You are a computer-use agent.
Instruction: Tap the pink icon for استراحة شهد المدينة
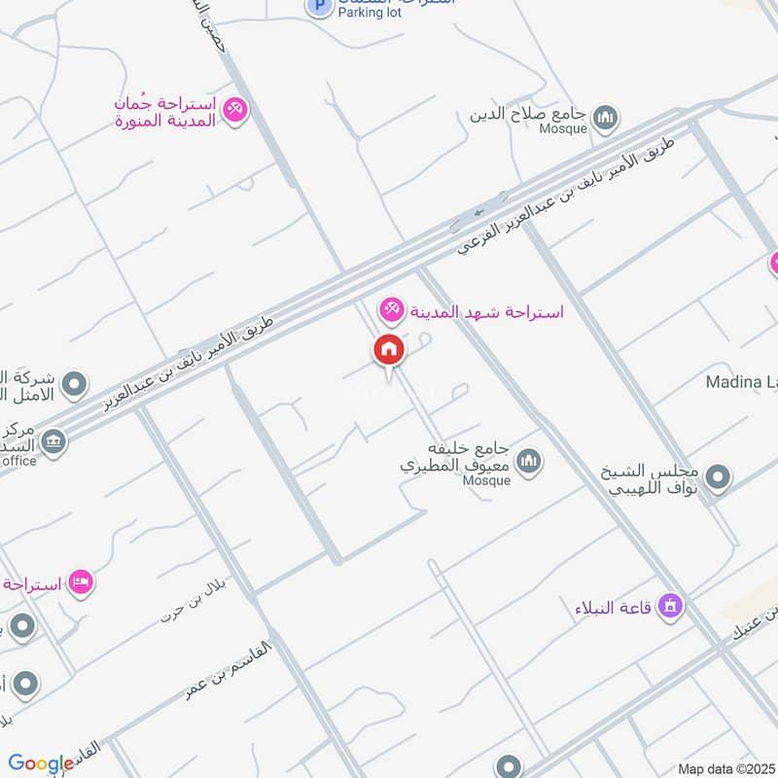[391, 311]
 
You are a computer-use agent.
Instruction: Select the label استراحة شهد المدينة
[484, 312]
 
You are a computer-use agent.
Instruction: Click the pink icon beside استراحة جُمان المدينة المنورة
[234, 110]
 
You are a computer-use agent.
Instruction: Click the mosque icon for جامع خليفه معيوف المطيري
[529, 460]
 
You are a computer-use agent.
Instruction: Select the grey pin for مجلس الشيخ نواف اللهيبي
[718, 477]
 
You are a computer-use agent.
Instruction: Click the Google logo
[41, 763]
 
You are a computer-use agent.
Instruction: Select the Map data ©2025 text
[725, 769]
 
